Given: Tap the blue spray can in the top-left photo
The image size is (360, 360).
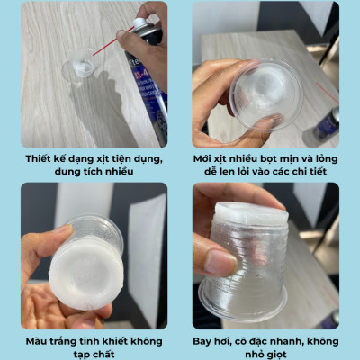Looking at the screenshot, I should tap(149, 81).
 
